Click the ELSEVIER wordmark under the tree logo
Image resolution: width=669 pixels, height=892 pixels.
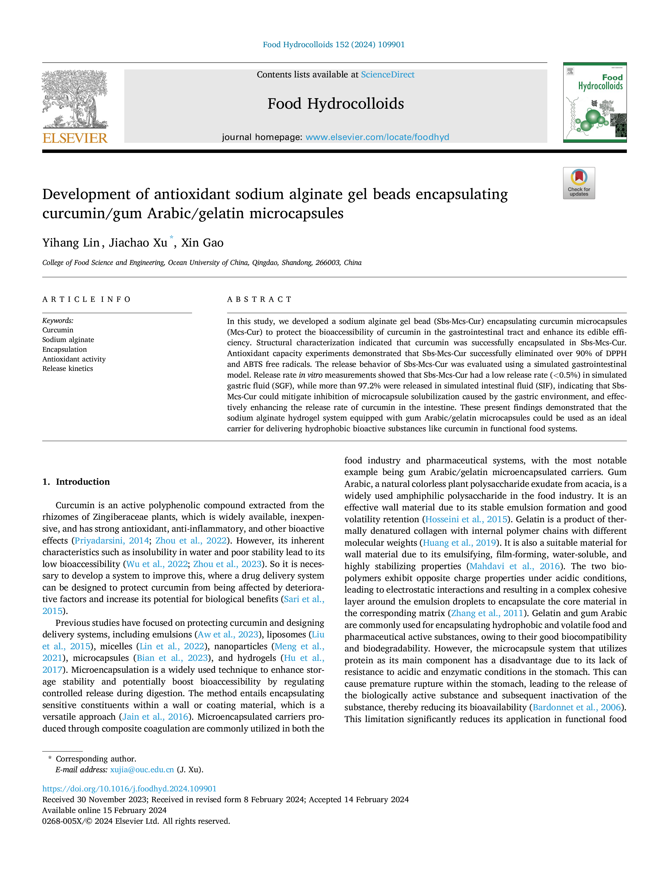point(75,138)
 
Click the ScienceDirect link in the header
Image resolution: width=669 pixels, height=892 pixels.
point(388,75)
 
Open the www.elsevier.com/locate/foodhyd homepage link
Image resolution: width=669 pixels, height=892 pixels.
point(377,137)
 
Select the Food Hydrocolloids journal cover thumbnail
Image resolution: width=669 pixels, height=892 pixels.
point(595,102)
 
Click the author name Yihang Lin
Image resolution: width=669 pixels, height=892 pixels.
point(71,243)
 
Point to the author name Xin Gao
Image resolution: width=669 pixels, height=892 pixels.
point(202,243)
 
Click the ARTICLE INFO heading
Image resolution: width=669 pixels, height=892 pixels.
point(86,299)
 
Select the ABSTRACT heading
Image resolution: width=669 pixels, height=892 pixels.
point(259,299)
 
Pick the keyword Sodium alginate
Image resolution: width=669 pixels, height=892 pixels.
point(68,340)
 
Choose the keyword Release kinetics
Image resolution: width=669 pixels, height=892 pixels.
point(68,368)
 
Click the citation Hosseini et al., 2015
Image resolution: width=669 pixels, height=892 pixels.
point(466,520)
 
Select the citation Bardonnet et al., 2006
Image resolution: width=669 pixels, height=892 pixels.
point(577,707)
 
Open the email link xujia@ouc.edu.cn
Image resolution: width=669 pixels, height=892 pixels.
point(142,770)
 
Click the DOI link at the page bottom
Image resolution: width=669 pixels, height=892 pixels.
point(129,789)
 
